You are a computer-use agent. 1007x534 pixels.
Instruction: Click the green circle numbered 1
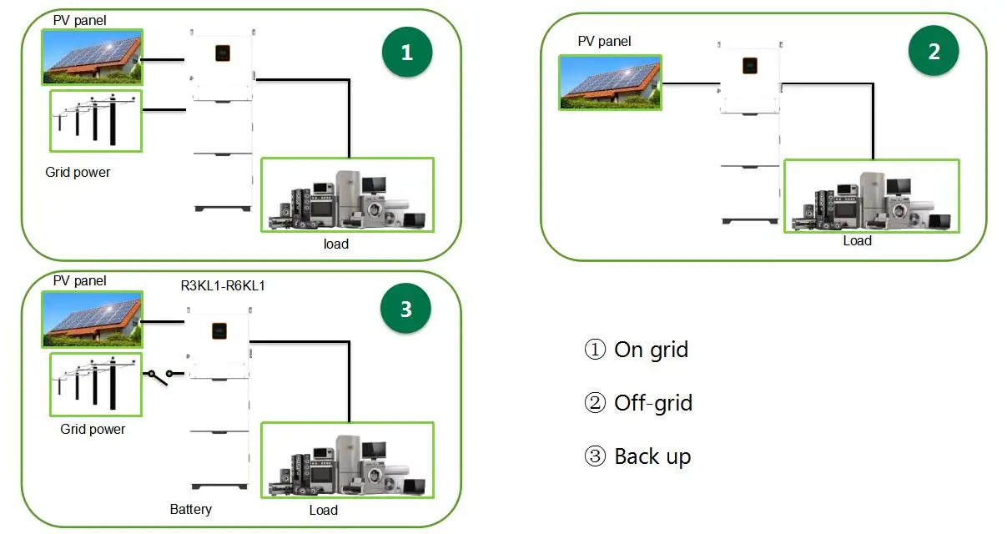pyautogui.click(x=406, y=52)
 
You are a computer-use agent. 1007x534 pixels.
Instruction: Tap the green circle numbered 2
pyautogui.click(x=934, y=52)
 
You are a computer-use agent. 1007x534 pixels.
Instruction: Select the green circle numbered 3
pyautogui.click(x=406, y=309)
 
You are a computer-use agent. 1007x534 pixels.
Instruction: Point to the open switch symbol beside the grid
pyautogui.click(x=160, y=376)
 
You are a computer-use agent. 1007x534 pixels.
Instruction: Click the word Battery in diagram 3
pyautogui.click(x=190, y=509)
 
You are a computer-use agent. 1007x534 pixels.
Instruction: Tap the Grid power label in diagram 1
pyautogui.click(x=78, y=172)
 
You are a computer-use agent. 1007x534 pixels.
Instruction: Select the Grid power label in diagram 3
pyautogui.click(x=93, y=429)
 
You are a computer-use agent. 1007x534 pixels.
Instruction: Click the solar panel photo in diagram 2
pyautogui.click(x=610, y=83)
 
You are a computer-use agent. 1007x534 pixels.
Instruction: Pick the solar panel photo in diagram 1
pyautogui.click(x=92, y=57)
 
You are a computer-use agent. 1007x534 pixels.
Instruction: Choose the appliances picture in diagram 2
pyautogui.click(x=871, y=196)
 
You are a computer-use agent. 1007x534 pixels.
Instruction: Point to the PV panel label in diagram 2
pyautogui.click(x=604, y=41)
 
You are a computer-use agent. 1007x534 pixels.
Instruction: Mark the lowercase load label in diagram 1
pyautogui.click(x=336, y=244)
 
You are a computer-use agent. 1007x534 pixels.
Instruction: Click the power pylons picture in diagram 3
pyautogui.click(x=95, y=382)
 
